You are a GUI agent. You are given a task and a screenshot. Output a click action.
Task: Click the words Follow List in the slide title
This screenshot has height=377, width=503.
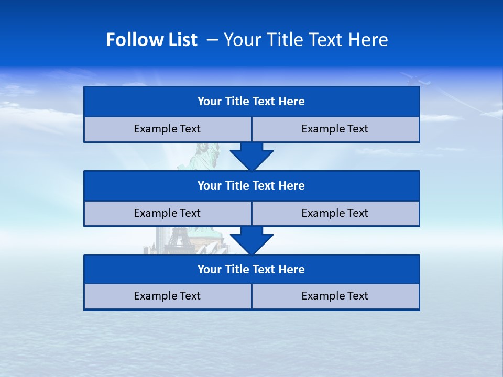coord(151,40)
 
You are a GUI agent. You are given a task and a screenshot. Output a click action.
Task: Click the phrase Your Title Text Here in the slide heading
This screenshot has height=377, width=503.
coord(305,40)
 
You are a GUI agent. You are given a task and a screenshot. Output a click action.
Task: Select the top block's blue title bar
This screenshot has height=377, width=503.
coord(251,102)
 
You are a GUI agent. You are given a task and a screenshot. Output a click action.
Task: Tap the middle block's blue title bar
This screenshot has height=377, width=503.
coord(251,185)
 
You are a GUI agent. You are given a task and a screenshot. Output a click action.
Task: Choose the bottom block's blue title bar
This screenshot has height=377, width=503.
coord(251,269)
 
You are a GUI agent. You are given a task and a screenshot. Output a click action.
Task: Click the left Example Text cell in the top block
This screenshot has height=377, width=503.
coord(167,129)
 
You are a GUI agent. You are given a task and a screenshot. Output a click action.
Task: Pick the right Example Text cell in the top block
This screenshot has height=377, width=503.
coord(335,129)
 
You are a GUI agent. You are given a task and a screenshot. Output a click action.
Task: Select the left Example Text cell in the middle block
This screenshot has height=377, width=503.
coord(167,213)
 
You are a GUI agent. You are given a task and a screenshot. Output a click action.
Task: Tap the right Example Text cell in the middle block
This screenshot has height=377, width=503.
coord(335,213)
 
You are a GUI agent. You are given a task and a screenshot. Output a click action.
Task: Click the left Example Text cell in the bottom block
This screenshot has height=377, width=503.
coord(167,296)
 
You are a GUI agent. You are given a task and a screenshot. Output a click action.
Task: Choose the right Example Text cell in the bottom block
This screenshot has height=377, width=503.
coord(335,296)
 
